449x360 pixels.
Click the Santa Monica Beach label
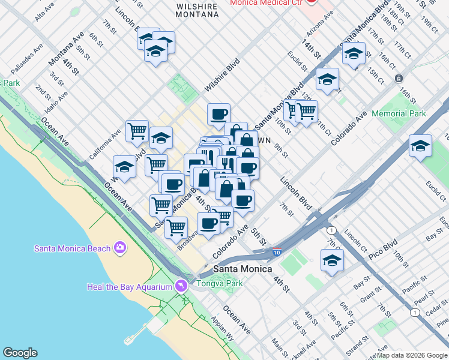click(x=72, y=248)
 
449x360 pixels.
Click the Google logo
click(x=20, y=353)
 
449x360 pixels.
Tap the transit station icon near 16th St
click(x=398, y=79)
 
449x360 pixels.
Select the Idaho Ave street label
click(x=56, y=102)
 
